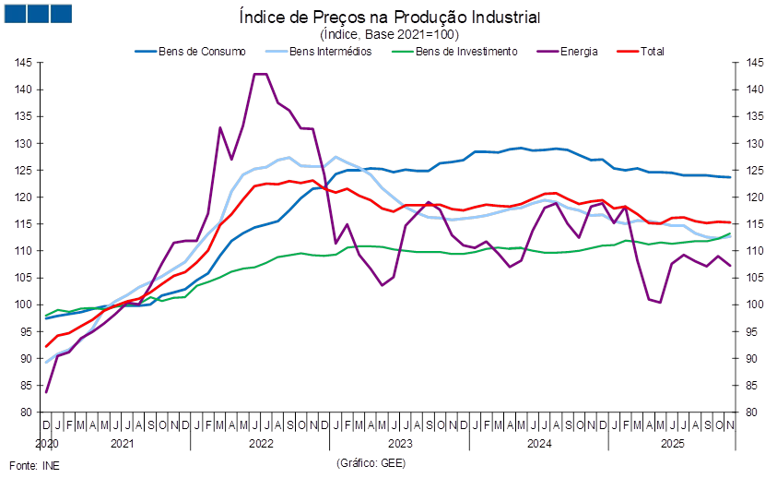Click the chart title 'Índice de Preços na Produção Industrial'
pos(389,18)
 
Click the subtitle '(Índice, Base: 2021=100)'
pos(389,33)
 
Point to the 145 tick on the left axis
pos(24,63)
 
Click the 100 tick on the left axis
pos(24,305)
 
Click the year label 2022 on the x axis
pos(260,443)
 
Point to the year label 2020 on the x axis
pos(46,443)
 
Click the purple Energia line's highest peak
pos(260,74)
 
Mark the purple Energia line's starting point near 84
pos(46,392)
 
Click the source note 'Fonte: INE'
pos(33,464)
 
